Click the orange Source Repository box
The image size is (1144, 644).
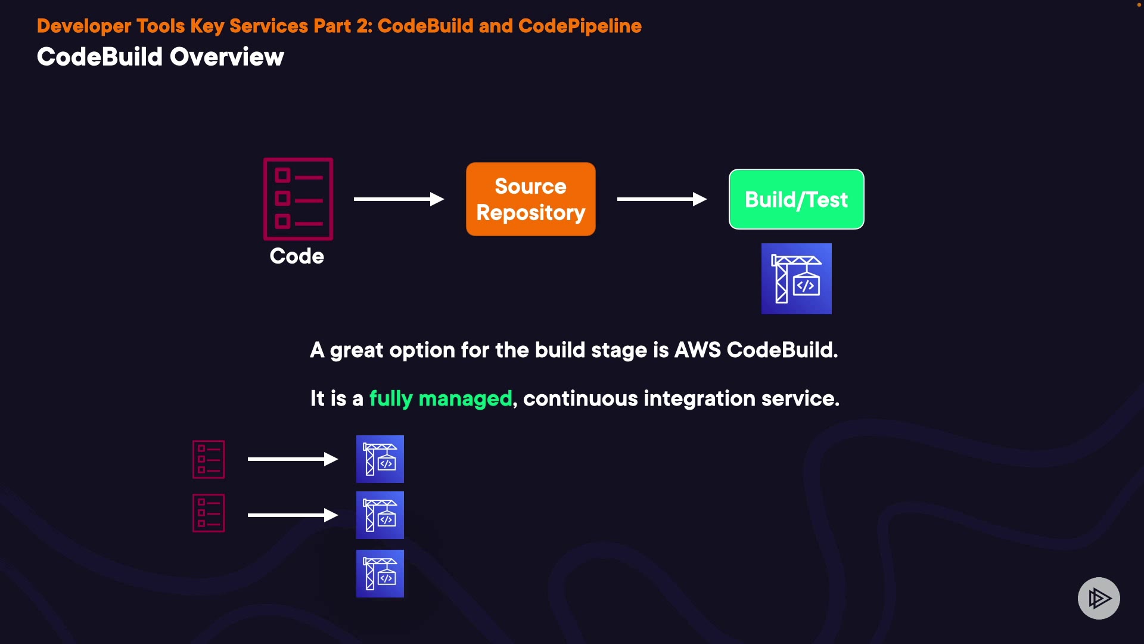coord(530,199)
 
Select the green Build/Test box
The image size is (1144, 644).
coord(796,199)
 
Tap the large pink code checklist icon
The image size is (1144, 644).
coord(298,199)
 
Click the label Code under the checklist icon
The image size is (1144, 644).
coord(297,256)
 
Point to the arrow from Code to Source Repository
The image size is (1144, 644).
coord(399,199)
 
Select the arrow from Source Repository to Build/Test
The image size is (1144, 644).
coord(661,199)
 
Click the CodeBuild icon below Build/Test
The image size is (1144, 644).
coord(796,278)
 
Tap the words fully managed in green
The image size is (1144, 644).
coord(440,398)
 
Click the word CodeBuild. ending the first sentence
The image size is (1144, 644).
coord(782,350)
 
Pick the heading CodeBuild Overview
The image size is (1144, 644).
coord(160,57)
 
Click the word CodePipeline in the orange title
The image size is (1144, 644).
coord(580,26)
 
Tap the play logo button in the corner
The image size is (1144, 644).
coord(1099,598)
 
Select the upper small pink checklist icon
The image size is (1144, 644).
coord(209,459)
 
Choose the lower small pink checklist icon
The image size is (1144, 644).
coord(209,513)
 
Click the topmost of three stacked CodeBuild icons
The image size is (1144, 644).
coord(380,459)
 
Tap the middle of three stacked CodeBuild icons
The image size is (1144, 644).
coord(380,515)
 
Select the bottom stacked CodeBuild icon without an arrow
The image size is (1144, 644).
coord(380,574)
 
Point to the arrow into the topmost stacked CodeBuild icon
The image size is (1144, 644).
coord(293,459)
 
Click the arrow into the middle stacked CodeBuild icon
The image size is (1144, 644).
coord(293,515)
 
